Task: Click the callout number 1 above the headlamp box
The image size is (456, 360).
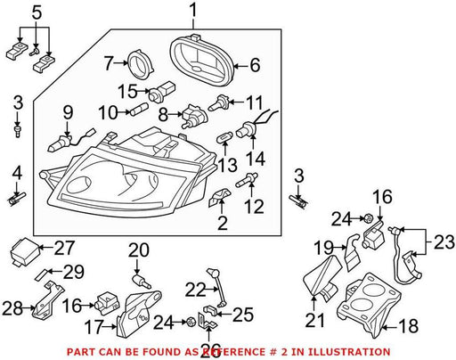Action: click(193, 11)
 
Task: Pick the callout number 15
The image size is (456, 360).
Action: click(127, 91)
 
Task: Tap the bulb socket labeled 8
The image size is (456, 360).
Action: click(193, 117)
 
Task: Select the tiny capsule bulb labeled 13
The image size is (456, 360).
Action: click(224, 138)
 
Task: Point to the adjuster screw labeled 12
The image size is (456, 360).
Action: click(247, 180)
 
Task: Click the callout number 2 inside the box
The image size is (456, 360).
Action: click(223, 223)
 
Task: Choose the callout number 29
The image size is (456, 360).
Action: click(74, 272)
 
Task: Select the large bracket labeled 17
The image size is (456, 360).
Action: click(138, 314)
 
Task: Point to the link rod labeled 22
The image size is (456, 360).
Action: click(217, 287)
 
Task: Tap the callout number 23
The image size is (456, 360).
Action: click(444, 242)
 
